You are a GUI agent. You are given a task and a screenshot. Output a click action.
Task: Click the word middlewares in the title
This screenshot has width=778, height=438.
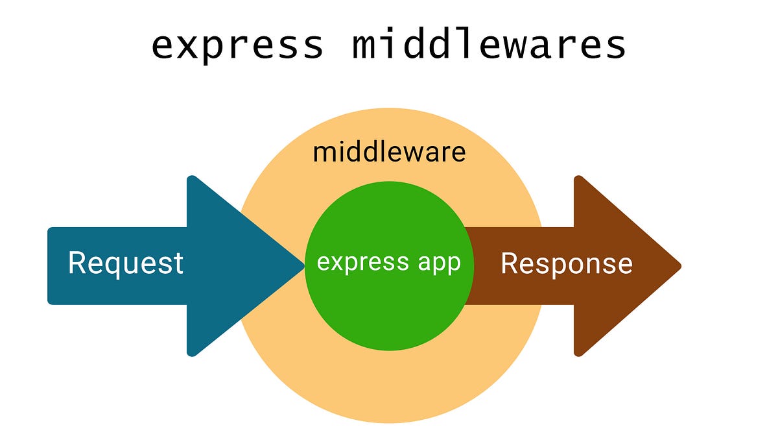coord(489,45)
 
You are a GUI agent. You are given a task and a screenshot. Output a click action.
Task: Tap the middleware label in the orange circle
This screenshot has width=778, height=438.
coord(389,152)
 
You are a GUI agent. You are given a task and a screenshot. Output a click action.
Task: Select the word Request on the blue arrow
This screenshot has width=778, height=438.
coord(126,263)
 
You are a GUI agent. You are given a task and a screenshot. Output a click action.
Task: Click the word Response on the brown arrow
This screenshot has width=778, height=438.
coord(567,263)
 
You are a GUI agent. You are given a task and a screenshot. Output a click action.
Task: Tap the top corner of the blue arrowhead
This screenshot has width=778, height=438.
coord(191,178)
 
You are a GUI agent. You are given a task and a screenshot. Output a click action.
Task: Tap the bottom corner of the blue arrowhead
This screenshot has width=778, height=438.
coord(191,354)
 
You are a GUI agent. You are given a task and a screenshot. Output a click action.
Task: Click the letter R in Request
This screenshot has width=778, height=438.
coord(77,263)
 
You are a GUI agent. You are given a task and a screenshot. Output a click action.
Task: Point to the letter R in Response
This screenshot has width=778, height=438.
coord(509,263)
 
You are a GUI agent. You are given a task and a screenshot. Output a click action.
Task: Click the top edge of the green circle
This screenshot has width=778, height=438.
coord(390,182)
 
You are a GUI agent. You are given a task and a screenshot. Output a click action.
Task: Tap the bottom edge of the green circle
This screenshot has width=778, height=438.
coord(390,349)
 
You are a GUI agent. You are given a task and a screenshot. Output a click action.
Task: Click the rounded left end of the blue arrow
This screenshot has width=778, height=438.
coord(49,265)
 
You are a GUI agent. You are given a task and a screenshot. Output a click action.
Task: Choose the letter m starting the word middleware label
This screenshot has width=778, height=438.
coord(322,153)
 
